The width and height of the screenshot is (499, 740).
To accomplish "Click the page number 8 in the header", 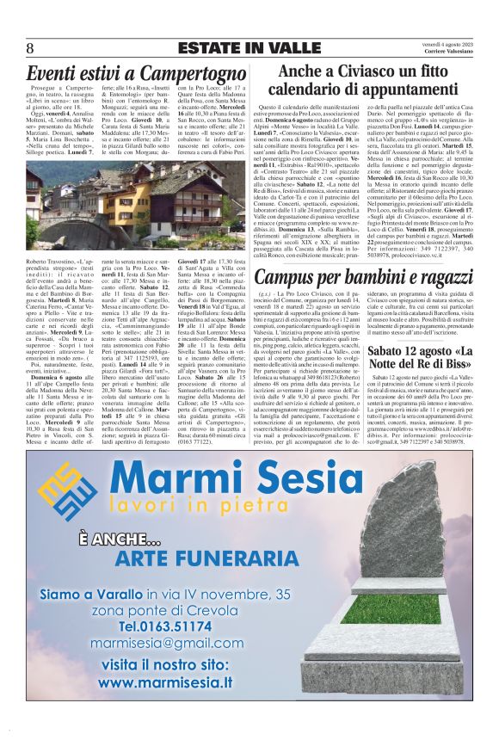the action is (x=30, y=48).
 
